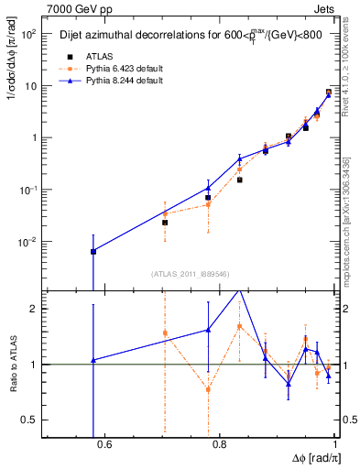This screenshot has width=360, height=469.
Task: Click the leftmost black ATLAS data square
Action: tap(93, 251)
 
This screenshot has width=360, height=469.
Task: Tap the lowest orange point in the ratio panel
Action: tap(208, 389)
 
